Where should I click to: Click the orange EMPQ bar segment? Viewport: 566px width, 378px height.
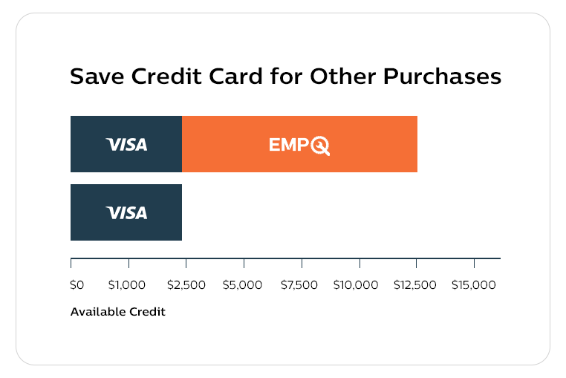[299, 144]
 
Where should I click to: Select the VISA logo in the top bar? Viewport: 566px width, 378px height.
[127, 145]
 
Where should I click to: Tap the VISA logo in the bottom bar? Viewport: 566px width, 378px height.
[127, 212]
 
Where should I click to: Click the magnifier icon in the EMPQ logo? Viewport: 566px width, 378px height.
[320, 146]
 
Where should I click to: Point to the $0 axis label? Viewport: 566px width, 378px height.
[77, 285]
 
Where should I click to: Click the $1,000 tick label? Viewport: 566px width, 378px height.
[127, 285]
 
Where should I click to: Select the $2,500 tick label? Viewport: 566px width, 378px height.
[186, 285]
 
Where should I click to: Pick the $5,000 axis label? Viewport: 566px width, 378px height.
[242, 285]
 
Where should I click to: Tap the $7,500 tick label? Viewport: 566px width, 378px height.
[299, 285]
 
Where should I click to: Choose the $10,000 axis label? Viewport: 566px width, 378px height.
[356, 285]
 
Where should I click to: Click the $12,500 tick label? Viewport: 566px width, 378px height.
[415, 285]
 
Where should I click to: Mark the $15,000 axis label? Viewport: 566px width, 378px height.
[474, 285]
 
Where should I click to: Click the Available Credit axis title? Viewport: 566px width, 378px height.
[117, 312]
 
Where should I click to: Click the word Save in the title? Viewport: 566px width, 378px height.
[97, 76]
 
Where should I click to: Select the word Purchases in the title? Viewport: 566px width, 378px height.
[442, 76]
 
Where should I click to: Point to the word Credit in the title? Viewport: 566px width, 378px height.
[166, 76]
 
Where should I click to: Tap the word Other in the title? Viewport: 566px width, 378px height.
[343, 76]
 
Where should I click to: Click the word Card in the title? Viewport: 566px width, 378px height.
[236, 76]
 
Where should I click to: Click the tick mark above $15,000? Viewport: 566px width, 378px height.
[475, 263]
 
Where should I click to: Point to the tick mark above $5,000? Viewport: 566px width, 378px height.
[244, 263]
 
